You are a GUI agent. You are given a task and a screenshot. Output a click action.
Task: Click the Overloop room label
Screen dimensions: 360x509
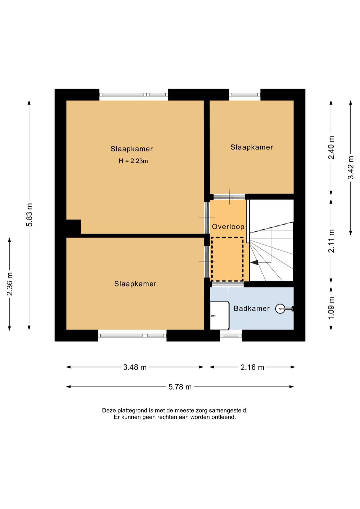228,226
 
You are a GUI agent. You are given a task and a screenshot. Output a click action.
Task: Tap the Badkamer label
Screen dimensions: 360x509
252,308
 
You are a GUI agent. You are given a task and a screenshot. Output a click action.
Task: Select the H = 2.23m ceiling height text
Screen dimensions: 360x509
133,161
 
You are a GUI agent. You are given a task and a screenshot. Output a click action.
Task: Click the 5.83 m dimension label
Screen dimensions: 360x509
29,214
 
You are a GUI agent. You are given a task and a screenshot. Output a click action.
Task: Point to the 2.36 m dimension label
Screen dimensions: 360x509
10,284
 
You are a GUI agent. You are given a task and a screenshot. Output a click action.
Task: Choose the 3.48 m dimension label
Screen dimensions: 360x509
135,367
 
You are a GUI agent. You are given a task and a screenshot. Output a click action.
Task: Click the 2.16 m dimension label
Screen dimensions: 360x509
252,367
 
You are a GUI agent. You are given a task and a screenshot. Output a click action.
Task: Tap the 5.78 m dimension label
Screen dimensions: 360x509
180,387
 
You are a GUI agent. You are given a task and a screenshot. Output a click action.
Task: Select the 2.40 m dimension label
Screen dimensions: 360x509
331,148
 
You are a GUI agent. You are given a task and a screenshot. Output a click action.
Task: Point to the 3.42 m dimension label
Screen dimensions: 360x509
351,167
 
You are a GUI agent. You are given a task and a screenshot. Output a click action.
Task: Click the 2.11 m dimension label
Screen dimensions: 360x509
331,241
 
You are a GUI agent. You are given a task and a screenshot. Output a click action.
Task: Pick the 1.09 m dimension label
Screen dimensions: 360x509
331,308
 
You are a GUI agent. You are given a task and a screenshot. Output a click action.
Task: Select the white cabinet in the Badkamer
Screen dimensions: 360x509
219,316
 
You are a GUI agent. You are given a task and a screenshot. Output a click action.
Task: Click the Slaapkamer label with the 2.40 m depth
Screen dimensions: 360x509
252,147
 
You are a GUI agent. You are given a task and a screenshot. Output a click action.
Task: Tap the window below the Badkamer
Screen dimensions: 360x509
231,336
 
